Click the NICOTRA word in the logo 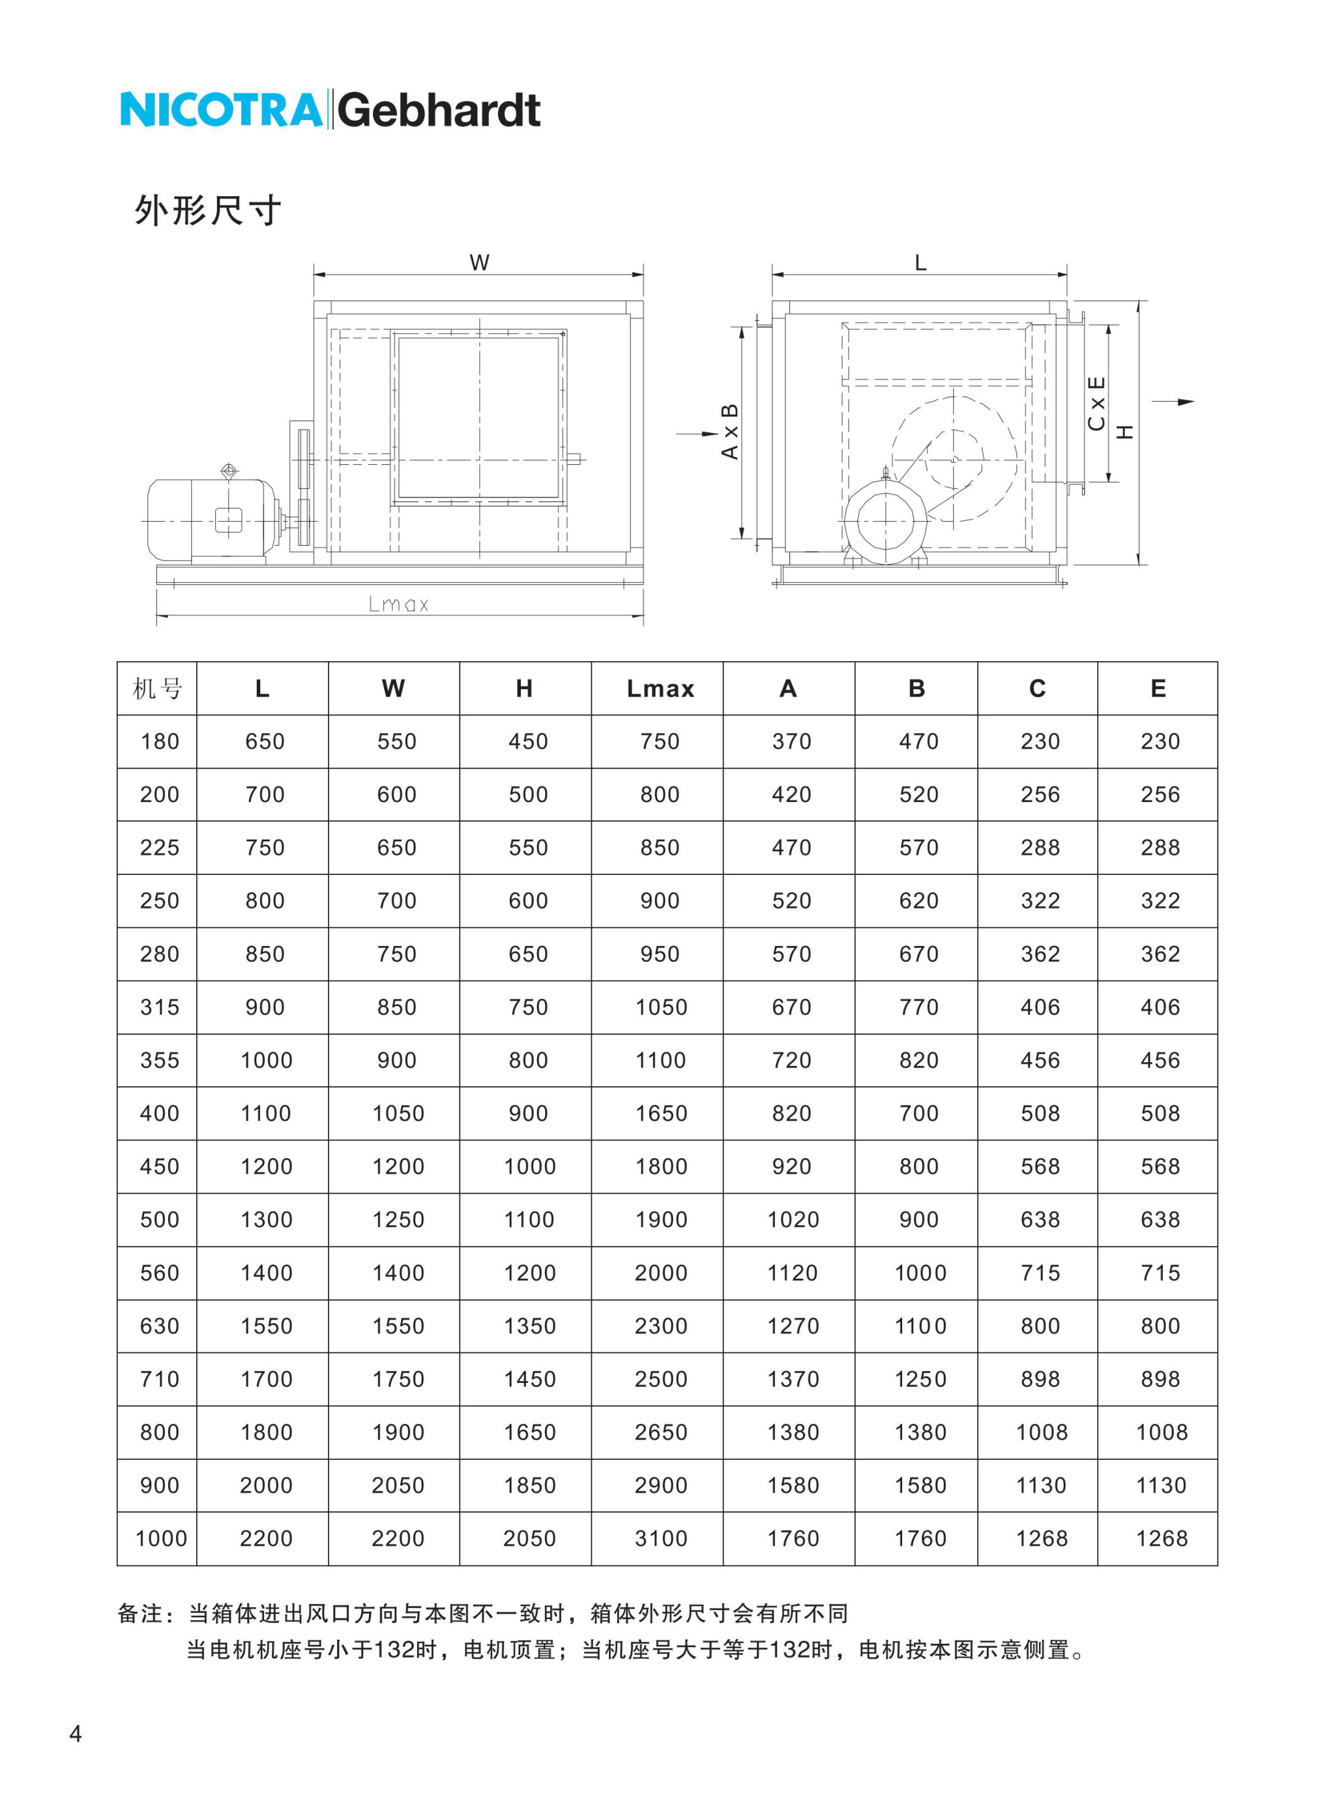[220, 110]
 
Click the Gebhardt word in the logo [439, 110]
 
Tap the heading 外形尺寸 [208, 211]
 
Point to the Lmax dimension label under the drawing [398, 604]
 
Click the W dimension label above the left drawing [479, 263]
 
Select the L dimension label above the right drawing [920, 263]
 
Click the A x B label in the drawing [729, 432]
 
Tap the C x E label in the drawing [1096, 404]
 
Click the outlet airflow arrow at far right [1173, 402]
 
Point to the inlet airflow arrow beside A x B [697, 434]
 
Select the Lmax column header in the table [660, 689]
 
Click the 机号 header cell [158, 689]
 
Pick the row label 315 [159, 1007]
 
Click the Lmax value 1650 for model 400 [660, 1114]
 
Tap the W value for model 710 [398, 1380]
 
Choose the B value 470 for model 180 [919, 741]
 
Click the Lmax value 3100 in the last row [660, 1539]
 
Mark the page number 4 [75, 1734]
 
